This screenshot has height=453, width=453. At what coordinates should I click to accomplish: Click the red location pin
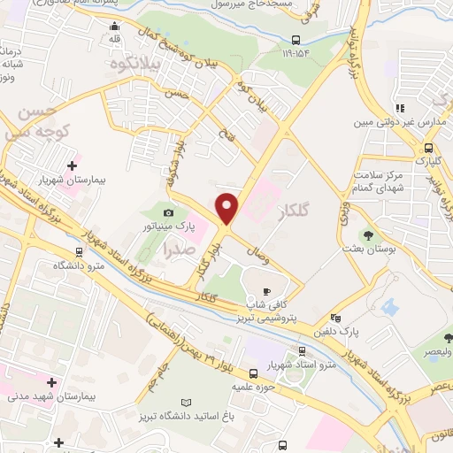click(x=227, y=207)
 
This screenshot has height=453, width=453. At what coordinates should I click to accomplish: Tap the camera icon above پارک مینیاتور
click(x=169, y=213)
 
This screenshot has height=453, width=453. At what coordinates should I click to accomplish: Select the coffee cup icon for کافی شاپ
click(x=266, y=291)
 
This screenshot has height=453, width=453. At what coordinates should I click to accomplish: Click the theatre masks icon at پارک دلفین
click(x=335, y=319)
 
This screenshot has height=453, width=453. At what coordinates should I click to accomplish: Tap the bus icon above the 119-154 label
click(x=296, y=39)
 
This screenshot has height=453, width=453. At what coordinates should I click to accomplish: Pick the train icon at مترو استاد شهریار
click(x=254, y=373)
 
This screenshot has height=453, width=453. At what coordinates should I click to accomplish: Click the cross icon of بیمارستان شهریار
click(x=73, y=164)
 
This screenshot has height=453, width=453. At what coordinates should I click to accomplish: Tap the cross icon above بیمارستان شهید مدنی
click(x=52, y=383)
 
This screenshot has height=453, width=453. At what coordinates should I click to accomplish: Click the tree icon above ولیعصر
click(x=449, y=337)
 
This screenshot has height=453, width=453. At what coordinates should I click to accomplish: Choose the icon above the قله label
click(x=113, y=26)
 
